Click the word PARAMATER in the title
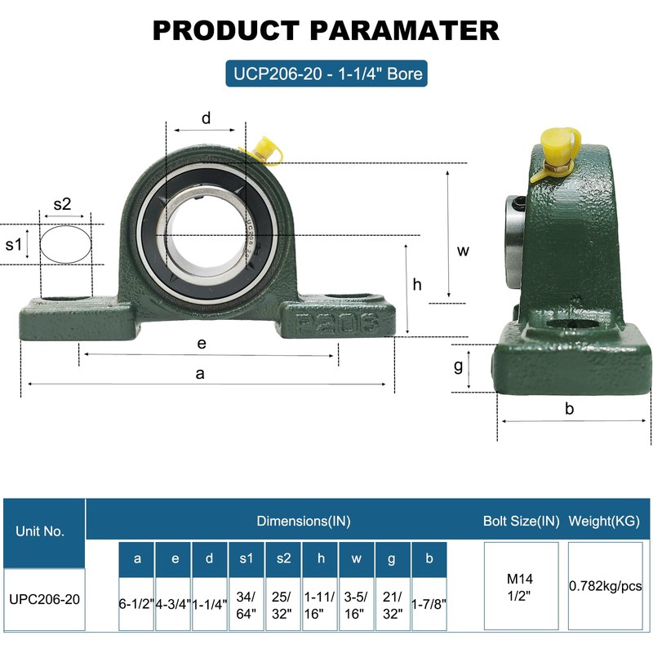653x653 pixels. [x=404, y=30]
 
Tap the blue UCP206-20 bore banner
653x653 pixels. [x=326, y=73]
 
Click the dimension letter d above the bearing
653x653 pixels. [x=207, y=118]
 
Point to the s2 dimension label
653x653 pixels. [x=63, y=204]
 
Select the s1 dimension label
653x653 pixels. [x=13, y=244]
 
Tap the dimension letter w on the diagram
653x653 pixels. [x=463, y=251]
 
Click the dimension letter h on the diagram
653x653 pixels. [x=417, y=284]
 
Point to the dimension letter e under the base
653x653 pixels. [x=202, y=344]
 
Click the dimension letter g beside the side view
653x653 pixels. [x=458, y=366]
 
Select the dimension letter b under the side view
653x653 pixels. [x=569, y=409]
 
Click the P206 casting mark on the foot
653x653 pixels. [x=337, y=322]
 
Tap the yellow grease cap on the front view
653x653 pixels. [x=264, y=150]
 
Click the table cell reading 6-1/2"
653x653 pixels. [x=136, y=604]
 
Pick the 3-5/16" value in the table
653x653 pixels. [x=356, y=605]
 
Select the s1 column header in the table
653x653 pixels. [x=247, y=558]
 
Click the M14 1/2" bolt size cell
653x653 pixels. [x=521, y=586]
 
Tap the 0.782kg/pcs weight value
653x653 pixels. [x=605, y=586]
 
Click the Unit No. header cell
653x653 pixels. [x=40, y=531]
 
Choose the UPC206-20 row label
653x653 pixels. [x=44, y=599]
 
